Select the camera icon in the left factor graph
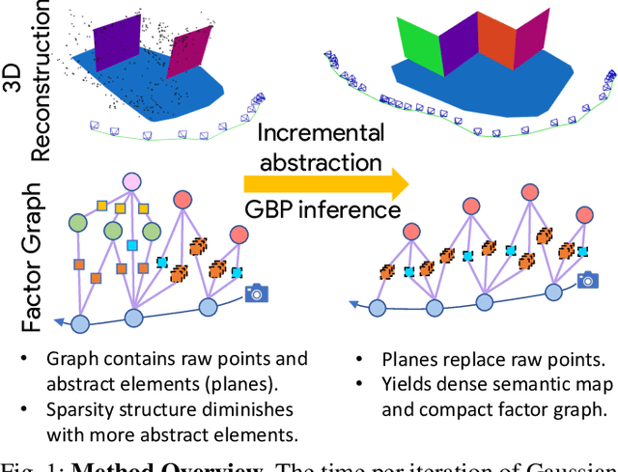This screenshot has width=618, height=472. point(257,292)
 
